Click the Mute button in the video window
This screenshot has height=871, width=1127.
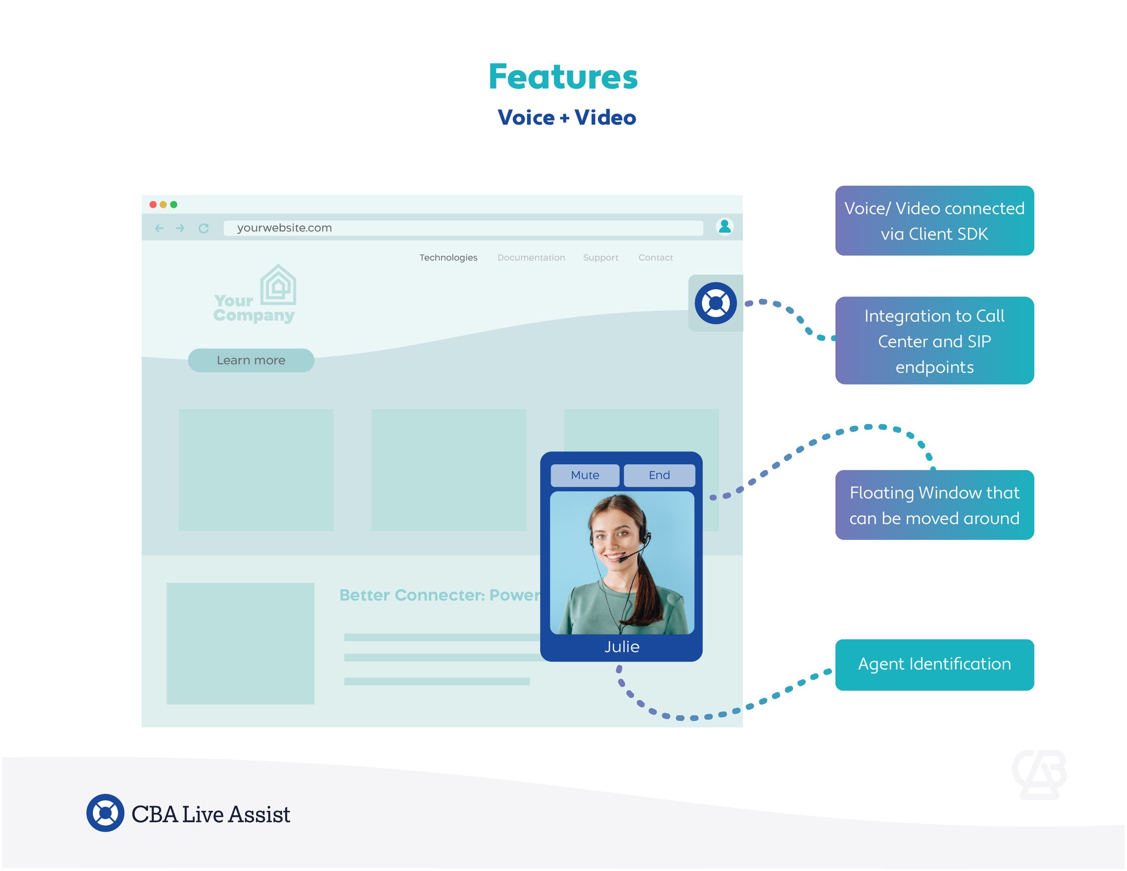coord(585,475)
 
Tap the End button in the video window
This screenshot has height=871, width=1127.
coord(659,475)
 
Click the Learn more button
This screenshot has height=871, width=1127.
coord(251,360)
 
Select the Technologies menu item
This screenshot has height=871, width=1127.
coord(448,257)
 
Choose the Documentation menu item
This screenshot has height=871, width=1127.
coord(531,257)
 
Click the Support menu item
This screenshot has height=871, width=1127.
coord(600,257)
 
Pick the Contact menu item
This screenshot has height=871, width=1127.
coord(656,257)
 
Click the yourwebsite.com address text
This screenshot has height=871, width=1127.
coord(284,228)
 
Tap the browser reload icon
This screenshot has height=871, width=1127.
coord(204,228)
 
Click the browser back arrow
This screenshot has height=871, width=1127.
coord(159,228)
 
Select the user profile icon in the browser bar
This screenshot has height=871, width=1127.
coord(725,226)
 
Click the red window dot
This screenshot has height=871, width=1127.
coord(153,204)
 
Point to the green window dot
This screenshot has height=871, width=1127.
coord(174,204)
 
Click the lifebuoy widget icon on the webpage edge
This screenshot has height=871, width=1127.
coord(715,303)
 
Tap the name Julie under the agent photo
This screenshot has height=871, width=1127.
coord(622,647)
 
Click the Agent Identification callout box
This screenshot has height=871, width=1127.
coord(934,664)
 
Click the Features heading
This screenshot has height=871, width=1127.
coord(563,77)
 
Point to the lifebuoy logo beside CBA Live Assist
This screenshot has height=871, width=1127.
coord(105,813)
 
